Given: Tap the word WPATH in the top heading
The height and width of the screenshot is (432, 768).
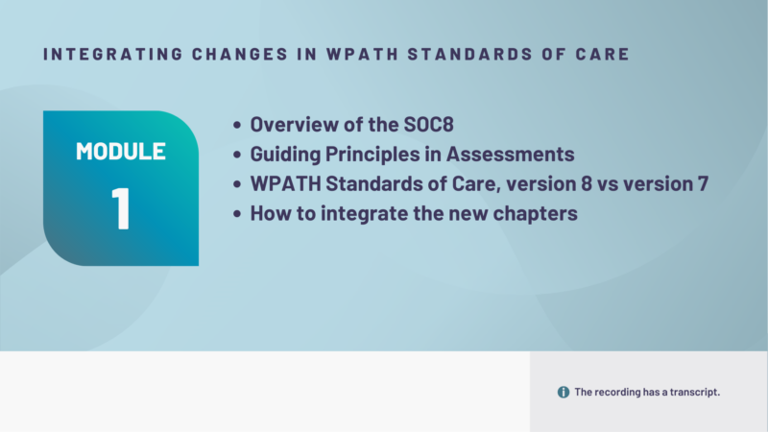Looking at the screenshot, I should [x=324, y=54].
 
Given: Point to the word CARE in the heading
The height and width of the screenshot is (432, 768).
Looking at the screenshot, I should [x=605, y=54].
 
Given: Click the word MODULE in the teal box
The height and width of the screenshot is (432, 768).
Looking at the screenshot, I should [x=121, y=152].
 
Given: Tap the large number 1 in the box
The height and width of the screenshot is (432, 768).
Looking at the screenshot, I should [x=121, y=207].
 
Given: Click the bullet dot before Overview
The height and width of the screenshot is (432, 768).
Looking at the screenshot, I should [x=238, y=126].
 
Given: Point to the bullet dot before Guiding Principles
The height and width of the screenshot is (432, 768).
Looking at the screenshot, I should [x=238, y=156].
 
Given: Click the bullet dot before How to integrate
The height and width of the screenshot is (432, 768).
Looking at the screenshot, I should [x=238, y=214].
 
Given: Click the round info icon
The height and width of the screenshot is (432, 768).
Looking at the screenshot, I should [x=564, y=392].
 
